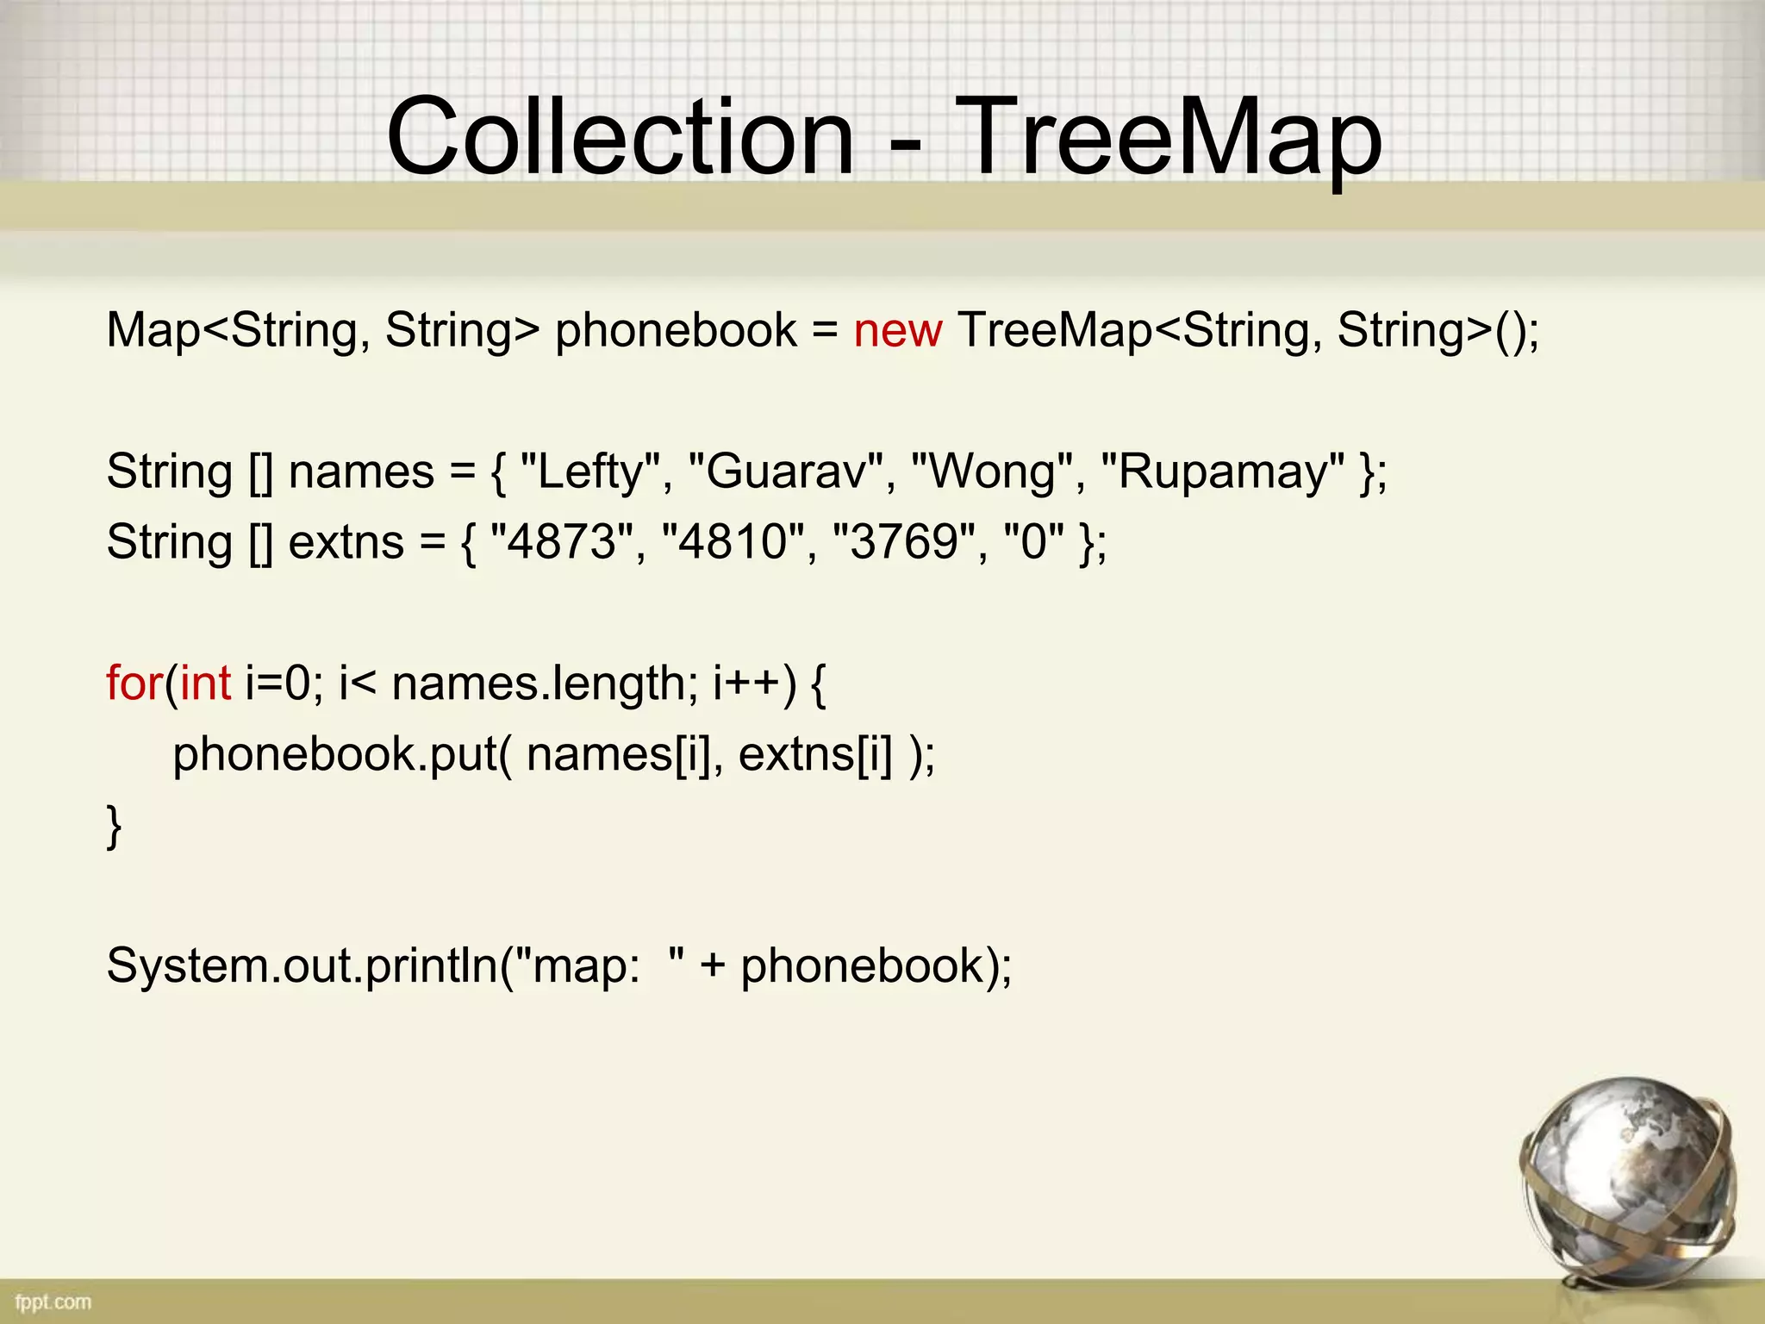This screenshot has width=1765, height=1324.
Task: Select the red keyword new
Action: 897,330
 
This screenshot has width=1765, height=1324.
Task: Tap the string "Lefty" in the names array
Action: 589,472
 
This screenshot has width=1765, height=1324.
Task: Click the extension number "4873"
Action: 560,542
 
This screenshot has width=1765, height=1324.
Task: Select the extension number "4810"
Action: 732,542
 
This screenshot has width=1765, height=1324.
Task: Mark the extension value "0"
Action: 1033,542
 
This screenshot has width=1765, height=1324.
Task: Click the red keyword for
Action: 134,684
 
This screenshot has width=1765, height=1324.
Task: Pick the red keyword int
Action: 205,684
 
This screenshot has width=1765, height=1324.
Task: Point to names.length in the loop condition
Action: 538,684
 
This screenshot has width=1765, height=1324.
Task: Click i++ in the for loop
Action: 746,684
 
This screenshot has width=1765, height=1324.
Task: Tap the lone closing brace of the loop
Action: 114,826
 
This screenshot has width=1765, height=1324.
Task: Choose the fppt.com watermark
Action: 53,1302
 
